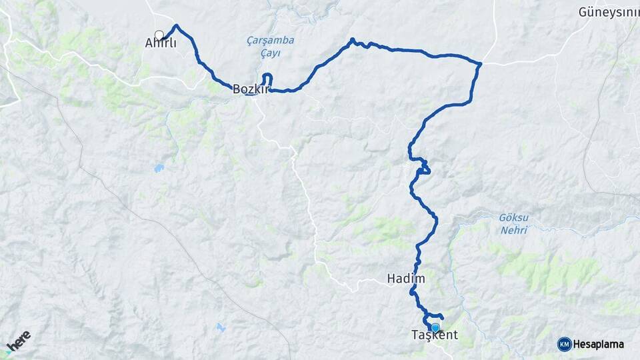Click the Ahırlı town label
pyautogui.click(x=161, y=43)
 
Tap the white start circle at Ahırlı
pyautogui.click(x=159, y=35)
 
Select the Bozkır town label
pyautogui.click(x=249, y=88)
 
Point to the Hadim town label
pyautogui.click(x=405, y=279)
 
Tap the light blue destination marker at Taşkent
pyautogui.click(x=435, y=327)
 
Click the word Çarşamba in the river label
pyautogui.click(x=270, y=40)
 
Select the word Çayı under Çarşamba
pyautogui.click(x=269, y=53)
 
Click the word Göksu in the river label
pyautogui.click(x=513, y=218)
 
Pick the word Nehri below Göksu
pyautogui.click(x=513, y=230)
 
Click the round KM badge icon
pyautogui.click(x=564, y=344)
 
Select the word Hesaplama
pyautogui.click(x=599, y=344)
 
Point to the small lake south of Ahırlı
pyautogui.click(x=159, y=168)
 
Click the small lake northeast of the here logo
pyautogui.click(x=220, y=327)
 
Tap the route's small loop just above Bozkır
pyautogui.click(x=268, y=79)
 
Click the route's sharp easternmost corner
pyautogui.click(x=480, y=64)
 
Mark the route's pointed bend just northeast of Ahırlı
pyautogui.click(x=177, y=26)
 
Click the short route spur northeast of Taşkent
pyautogui.click(x=440, y=315)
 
